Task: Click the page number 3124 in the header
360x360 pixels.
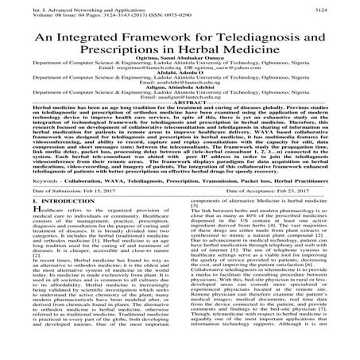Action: pos(345,6)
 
